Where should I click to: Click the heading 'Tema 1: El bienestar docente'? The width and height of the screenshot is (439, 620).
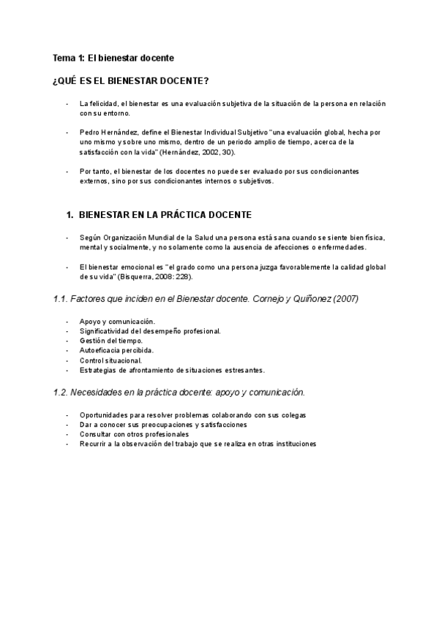point(113,58)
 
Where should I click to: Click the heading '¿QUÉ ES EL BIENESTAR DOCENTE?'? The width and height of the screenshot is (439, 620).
point(132,80)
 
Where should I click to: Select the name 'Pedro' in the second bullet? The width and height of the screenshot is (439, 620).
point(90,132)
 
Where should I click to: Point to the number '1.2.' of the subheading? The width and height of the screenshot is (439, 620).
point(61,392)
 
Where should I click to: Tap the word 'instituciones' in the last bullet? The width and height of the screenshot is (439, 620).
point(293,444)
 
